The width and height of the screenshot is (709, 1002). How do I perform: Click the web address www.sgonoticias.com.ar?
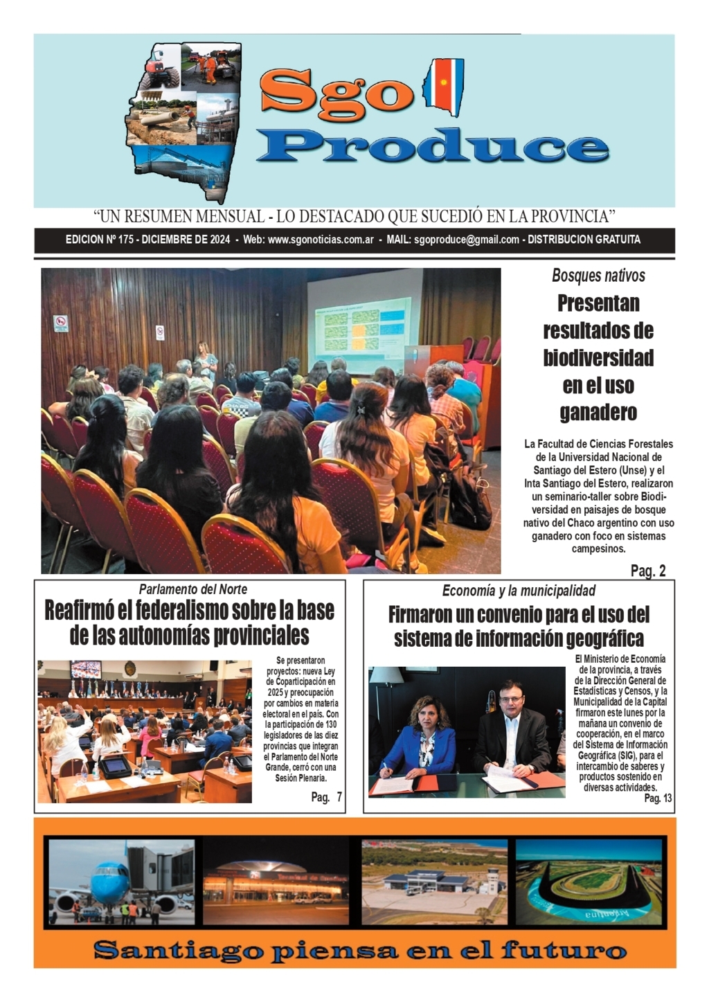(x=321, y=240)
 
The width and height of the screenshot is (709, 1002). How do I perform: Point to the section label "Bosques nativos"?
(x=598, y=276)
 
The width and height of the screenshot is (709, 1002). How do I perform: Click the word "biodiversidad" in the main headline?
(x=598, y=358)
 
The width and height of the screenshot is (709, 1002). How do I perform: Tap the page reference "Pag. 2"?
(x=648, y=571)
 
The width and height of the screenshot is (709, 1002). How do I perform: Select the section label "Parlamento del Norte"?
(x=192, y=590)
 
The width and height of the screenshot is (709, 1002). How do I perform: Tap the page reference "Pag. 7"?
(x=326, y=798)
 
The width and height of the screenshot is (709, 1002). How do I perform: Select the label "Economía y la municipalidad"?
(x=519, y=591)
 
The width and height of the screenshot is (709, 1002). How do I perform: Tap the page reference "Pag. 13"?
(x=658, y=798)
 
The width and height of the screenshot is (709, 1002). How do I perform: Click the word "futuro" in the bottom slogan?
(x=563, y=949)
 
